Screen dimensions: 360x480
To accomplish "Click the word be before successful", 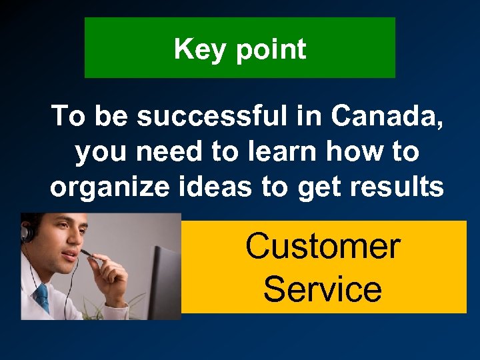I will (x=113, y=117).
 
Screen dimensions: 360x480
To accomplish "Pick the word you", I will (x=101, y=152).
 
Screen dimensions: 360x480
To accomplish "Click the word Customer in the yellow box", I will (x=323, y=246).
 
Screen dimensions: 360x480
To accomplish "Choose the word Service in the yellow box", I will (x=323, y=289).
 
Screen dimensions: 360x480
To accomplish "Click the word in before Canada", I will (x=311, y=117).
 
